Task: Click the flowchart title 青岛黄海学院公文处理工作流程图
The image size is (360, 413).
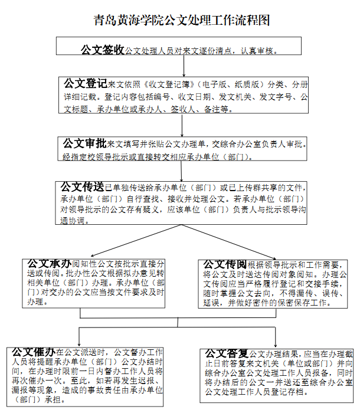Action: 181,21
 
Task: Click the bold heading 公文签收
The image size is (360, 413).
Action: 102,50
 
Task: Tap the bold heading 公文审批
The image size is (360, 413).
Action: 84,143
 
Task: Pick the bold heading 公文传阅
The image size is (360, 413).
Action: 225,263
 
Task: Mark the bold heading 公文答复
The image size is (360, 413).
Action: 226,353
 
